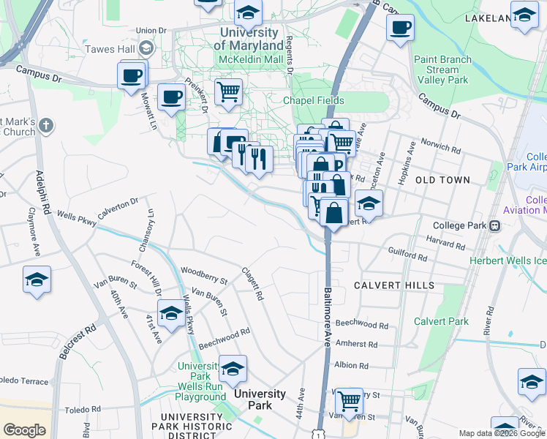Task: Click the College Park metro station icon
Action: [495, 225]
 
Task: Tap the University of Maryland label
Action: [249, 40]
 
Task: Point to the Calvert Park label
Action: [441, 321]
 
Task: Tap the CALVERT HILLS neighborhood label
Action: [393, 285]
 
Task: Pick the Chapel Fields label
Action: [314, 100]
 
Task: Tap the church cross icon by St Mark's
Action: [45, 126]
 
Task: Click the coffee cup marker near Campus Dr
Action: [132, 75]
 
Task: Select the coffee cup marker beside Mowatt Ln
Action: [172, 97]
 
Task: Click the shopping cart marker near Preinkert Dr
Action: [228, 93]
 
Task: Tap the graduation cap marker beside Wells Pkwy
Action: [171, 315]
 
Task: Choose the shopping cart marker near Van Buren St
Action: [349, 400]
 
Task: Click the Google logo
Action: [24, 430]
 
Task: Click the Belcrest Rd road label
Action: [78, 340]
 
